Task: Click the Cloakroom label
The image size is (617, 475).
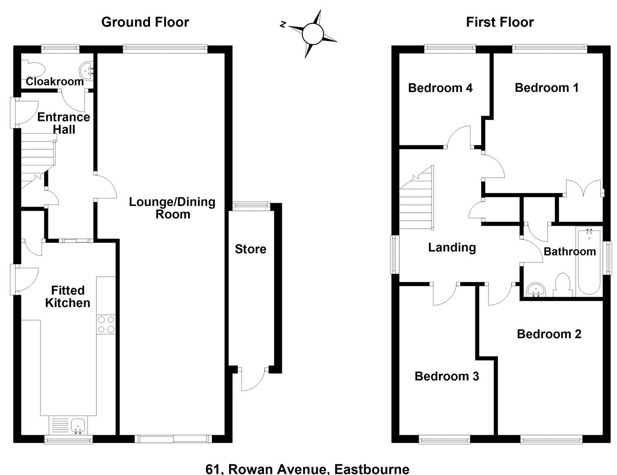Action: click(55, 81)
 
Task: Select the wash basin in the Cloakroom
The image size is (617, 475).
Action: click(86, 70)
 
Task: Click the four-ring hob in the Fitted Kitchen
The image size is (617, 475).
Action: click(106, 325)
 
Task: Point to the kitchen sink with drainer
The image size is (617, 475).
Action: click(68, 425)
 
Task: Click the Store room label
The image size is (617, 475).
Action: click(250, 249)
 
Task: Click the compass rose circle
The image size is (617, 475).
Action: click(313, 34)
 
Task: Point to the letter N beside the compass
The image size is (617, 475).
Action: click(284, 25)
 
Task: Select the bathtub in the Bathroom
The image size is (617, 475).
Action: click(589, 262)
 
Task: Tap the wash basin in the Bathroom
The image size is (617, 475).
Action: click(536, 290)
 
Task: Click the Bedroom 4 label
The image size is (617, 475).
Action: click(440, 88)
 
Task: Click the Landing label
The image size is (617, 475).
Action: click(452, 247)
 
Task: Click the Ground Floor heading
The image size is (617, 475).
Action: click(145, 22)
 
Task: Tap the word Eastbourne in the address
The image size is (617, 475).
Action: click(372, 469)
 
